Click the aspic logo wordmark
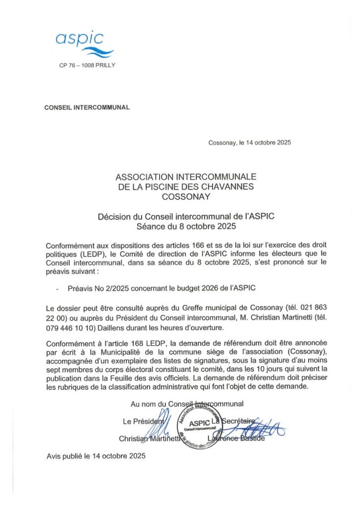coord(79,38)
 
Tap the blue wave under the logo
coord(97,52)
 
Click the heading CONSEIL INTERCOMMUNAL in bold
coord(87,107)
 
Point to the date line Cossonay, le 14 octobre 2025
coord(249,143)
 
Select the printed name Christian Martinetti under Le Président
coord(145,438)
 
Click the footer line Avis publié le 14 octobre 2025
coord(96,455)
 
